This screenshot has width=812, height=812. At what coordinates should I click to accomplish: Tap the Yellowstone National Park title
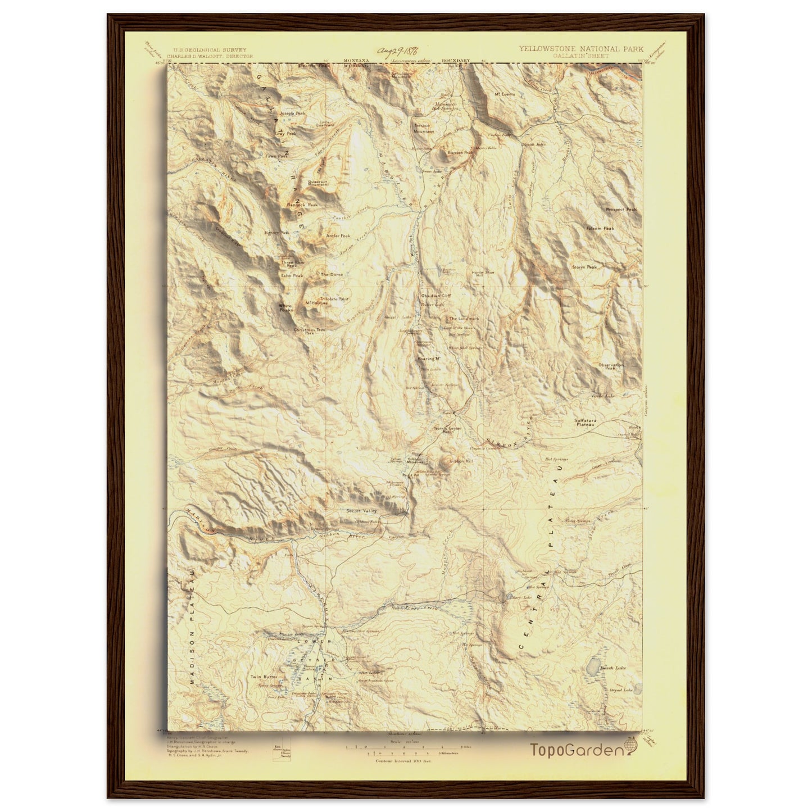581,49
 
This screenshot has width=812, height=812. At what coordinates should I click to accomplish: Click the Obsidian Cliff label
436,295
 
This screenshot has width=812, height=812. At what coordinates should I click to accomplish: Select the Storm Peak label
584,267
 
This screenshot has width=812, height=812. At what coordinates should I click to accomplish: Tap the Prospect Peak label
622,210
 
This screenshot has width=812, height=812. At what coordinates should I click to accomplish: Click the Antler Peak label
338,236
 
